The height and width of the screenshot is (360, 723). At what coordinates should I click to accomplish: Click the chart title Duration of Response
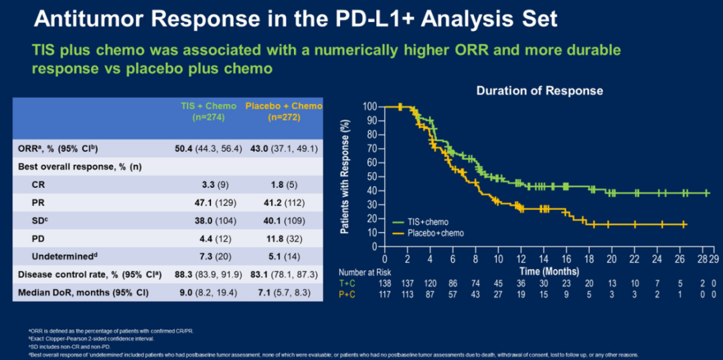[x=539, y=90]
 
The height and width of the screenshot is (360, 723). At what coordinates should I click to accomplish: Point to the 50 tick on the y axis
[x=372, y=177]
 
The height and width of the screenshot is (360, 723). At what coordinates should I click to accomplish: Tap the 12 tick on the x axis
[x=521, y=258]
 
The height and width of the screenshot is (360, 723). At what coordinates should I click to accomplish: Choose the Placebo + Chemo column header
[x=284, y=111]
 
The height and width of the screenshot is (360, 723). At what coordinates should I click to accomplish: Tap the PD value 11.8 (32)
[x=284, y=237]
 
